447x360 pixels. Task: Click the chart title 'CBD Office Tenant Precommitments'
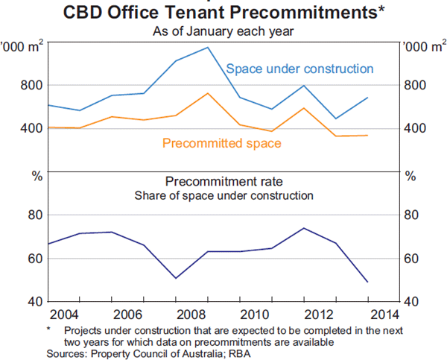(x=223, y=12)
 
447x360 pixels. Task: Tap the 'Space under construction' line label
(x=299, y=69)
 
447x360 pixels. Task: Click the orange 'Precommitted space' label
(x=221, y=143)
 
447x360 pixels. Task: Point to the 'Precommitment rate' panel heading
(x=223, y=181)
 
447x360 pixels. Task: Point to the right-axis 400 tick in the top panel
(x=415, y=128)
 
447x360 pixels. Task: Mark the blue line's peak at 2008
(x=207, y=47)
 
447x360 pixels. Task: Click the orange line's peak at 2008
(x=207, y=93)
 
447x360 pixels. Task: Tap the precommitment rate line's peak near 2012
(x=303, y=228)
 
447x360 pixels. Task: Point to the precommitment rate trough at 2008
(x=175, y=278)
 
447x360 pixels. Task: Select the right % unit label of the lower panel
(x=410, y=177)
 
